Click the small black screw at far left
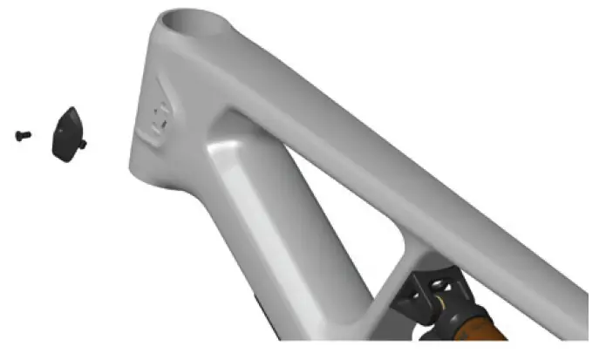[x=24, y=135]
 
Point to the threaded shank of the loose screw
[x=27, y=135]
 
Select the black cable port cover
[x=65, y=133]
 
